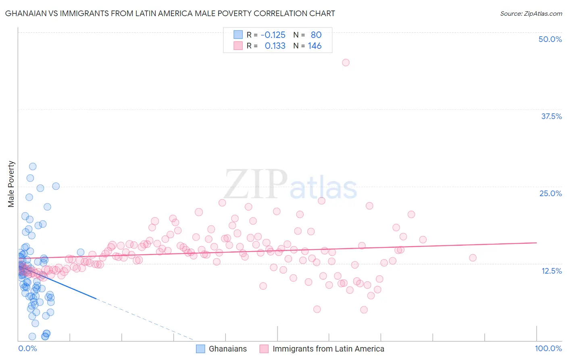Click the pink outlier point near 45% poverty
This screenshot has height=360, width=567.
(346, 63)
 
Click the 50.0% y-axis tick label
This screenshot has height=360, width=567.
(550, 39)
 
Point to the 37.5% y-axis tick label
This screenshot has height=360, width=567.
(551, 116)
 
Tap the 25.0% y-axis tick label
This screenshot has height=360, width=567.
(550, 193)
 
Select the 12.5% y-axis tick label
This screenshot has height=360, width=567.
(551, 271)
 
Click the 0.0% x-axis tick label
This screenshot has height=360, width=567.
(27, 348)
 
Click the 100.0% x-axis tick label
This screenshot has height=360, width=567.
(548, 348)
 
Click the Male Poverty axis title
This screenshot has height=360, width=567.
(11, 184)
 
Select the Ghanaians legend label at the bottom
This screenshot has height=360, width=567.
(227, 349)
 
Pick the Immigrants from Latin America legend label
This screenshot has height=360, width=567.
(328, 349)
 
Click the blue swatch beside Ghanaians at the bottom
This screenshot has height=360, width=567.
(200, 349)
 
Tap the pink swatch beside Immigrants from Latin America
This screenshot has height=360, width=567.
(264, 349)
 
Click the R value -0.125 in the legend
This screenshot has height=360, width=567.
(273, 35)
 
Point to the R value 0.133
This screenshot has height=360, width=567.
(275, 46)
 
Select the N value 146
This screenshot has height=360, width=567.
(315, 46)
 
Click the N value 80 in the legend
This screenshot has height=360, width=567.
(316, 35)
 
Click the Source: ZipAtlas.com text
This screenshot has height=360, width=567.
(531, 14)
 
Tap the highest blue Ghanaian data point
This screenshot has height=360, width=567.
(33, 166)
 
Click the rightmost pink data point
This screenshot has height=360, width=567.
(473, 257)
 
